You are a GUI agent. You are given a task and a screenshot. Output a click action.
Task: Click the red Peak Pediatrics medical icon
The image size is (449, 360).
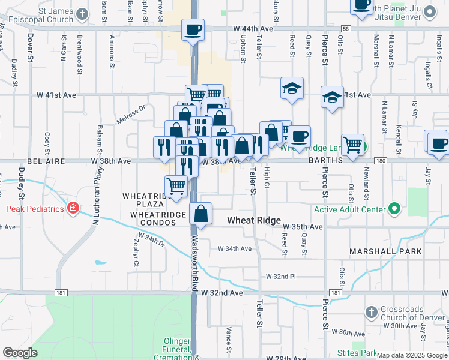point(73,208)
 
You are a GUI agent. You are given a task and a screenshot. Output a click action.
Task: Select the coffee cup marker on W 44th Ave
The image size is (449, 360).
point(193,29)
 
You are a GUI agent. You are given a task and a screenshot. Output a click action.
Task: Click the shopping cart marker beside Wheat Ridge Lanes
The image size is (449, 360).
point(352,144)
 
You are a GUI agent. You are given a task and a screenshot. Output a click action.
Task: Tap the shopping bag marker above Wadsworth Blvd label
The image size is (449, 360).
point(201,214)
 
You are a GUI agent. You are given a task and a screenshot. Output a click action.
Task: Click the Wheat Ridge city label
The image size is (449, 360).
point(253,221)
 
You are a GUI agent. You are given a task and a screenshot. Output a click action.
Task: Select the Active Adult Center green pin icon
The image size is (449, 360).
point(394,209)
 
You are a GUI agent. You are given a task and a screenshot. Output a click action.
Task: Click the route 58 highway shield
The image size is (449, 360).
point(345,28)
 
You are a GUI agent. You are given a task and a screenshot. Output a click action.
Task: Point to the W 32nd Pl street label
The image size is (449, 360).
point(281,277)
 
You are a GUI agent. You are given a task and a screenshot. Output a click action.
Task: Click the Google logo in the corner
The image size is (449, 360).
point(20,352)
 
